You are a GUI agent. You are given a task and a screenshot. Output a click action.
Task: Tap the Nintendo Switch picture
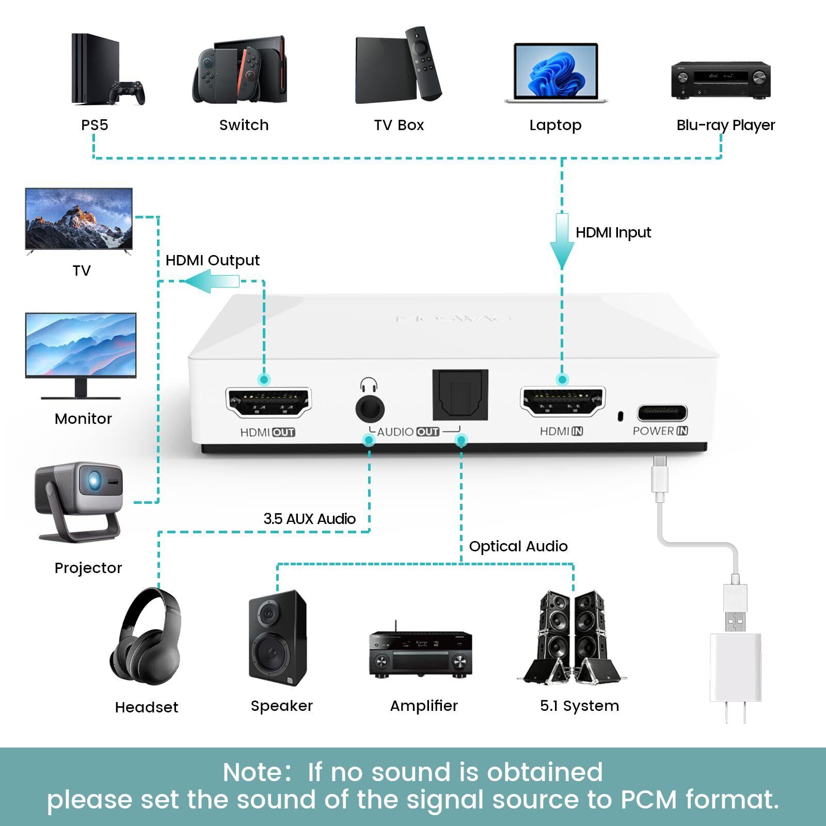tap(241, 70)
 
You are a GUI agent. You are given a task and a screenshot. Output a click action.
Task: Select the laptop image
tap(555, 72)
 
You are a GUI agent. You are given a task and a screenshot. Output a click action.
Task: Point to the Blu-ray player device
tap(721, 80)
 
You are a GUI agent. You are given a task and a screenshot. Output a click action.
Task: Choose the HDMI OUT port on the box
tap(268, 402)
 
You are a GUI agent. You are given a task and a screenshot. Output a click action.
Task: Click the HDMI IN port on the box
tap(562, 402)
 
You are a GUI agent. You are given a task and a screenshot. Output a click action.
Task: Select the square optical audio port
tap(460, 395)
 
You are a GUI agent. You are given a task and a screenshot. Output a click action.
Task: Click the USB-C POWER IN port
tap(662, 413)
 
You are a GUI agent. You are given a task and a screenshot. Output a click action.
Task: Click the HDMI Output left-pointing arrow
tap(212, 282)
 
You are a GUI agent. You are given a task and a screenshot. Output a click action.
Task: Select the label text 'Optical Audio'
tap(518, 546)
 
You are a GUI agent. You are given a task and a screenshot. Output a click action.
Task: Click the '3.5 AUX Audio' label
tap(309, 519)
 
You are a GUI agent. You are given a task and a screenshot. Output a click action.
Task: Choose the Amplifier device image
tap(420, 653)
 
